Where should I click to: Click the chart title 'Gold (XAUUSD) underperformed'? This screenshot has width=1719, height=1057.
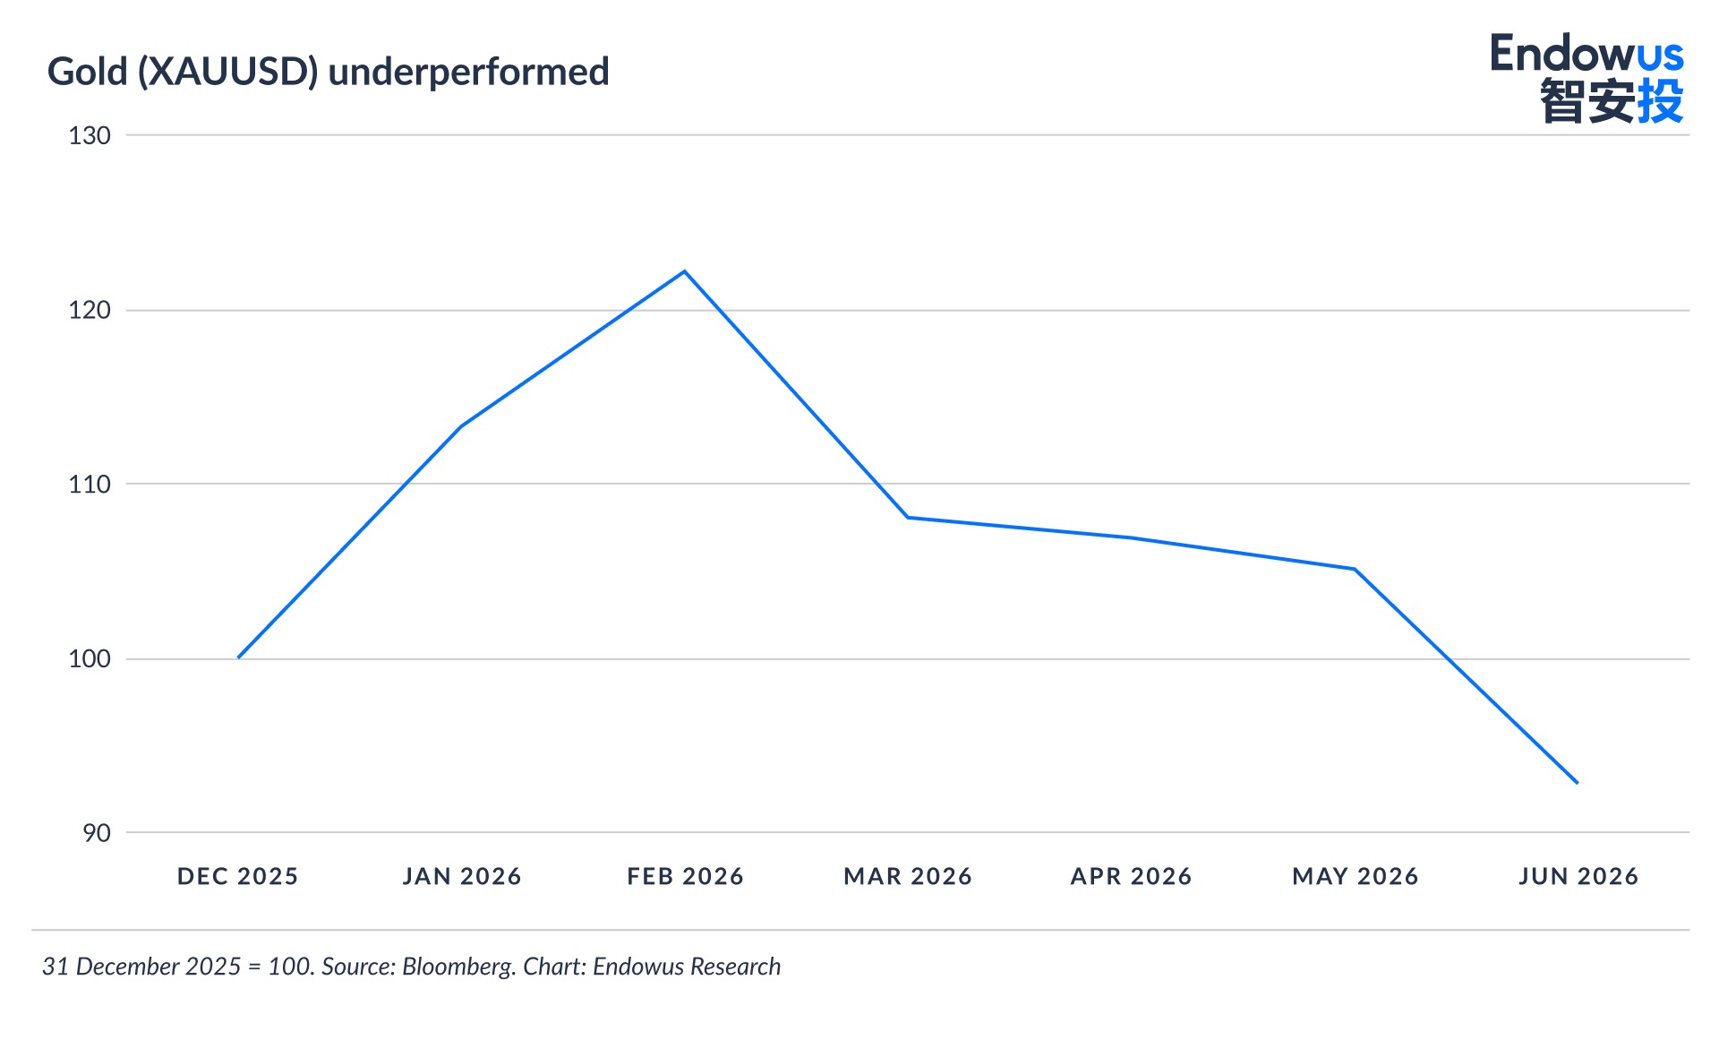[x=329, y=73]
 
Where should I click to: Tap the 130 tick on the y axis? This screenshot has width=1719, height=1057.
[x=90, y=136]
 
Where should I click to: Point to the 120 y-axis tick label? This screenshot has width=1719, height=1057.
[x=90, y=311]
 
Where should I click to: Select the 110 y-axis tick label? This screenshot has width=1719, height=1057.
[x=90, y=485]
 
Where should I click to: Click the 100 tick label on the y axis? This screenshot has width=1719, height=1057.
[x=90, y=659]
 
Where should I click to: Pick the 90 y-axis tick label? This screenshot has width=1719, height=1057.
[x=97, y=833]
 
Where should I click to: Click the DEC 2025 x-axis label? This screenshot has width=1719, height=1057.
[x=238, y=876]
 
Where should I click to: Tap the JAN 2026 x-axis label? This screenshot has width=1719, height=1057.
[x=462, y=876]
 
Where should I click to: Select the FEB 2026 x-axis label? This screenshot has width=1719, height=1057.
[x=686, y=876]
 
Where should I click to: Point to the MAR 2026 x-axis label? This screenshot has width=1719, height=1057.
[x=908, y=876]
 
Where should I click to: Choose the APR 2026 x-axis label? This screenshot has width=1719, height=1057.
[x=1132, y=876]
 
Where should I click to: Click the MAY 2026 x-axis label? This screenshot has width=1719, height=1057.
[x=1356, y=876]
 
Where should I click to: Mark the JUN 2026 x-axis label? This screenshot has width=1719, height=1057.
[x=1578, y=876]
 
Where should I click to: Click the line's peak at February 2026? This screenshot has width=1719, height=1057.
[x=685, y=271]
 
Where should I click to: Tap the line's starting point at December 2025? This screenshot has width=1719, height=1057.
[x=238, y=657]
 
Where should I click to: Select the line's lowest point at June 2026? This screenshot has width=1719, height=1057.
[x=1578, y=783]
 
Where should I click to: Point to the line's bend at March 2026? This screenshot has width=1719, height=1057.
[x=908, y=518]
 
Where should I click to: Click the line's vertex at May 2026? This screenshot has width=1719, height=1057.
[x=1355, y=569]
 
